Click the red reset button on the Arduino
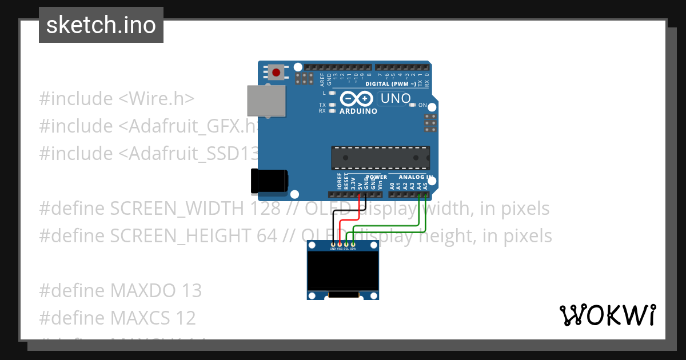click(x=277, y=73)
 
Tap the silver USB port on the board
click(x=266, y=101)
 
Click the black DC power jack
click(x=269, y=181)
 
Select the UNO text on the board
click(x=396, y=98)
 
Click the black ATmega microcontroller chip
click(x=380, y=157)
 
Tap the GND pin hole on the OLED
click(x=333, y=245)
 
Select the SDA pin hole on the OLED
click(x=353, y=245)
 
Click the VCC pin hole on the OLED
click(x=340, y=245)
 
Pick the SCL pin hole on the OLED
click(x=346, y=245)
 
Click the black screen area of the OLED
click(x=343, y=271)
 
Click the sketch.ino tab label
click(x=101, y=25)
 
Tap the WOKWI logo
click(x=607, y=315)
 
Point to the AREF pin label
click(x=322, y=78)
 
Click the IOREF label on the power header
click(x=339, y=182)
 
